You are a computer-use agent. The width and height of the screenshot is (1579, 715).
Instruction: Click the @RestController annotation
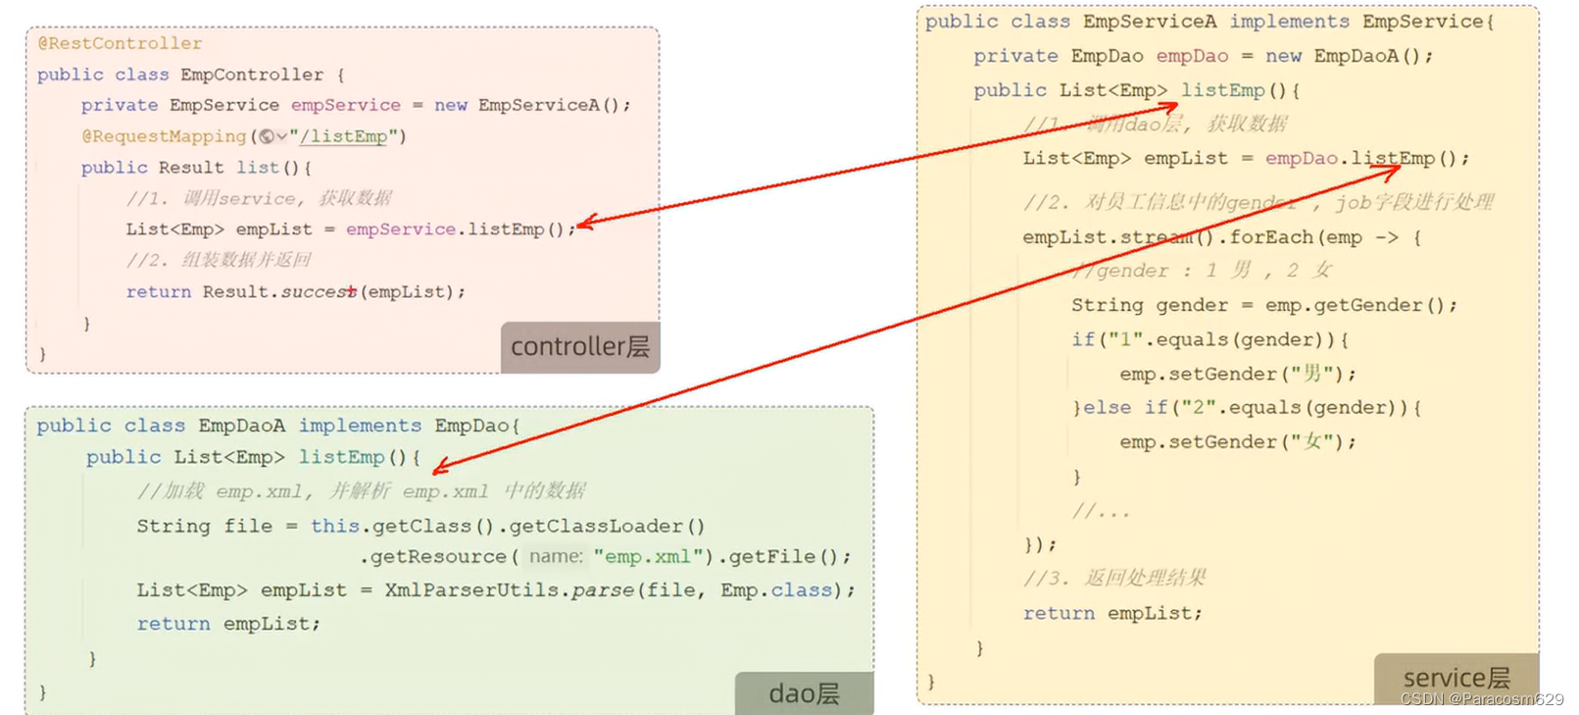120,43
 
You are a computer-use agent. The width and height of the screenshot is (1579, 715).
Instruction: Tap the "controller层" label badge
579,346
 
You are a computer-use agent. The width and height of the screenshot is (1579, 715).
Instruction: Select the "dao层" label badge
804,693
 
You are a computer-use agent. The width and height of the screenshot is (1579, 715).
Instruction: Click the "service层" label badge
1456,678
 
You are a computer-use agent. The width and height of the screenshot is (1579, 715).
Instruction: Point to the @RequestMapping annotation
164,136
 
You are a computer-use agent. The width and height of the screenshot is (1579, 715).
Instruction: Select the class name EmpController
252,75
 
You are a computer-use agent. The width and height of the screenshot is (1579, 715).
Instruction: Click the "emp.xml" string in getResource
648,556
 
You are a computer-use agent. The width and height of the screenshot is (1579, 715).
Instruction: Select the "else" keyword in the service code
1107,408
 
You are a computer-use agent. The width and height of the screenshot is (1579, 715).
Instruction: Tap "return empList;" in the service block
1111,613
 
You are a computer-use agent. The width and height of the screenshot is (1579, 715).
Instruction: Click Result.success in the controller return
279,292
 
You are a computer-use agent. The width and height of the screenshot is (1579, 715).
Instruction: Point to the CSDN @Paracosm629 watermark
1482,699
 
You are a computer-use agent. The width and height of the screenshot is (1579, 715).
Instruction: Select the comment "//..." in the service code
1100,511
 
